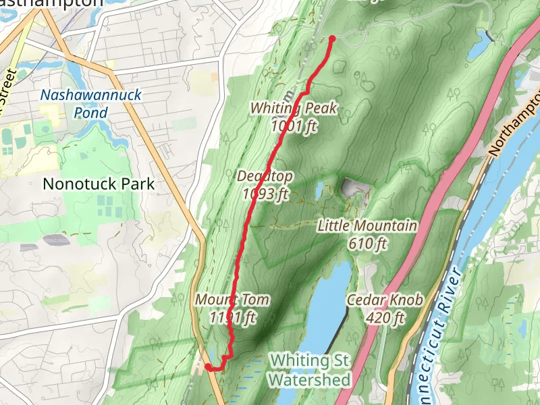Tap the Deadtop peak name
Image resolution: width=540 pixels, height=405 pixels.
point(265,177)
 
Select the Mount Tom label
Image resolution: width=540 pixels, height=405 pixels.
point(232,300)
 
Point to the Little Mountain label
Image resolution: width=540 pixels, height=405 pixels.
point(367,226)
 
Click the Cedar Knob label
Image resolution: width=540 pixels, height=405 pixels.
point(385,300)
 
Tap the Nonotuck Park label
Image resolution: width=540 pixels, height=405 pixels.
point(99,183)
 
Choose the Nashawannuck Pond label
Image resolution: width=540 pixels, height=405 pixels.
point(90,94)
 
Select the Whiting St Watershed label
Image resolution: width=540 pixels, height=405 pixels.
point(310,371)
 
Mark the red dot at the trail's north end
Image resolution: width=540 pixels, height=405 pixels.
point(331,38)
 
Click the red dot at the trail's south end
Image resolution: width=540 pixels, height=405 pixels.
point(208,367)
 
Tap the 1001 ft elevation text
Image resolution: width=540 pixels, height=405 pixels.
point(294,126)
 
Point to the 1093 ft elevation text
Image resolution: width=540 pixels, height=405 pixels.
point(265,194)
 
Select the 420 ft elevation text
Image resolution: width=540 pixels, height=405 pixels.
point(385,318)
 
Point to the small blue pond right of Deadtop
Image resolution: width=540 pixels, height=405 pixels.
point(319,190)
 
